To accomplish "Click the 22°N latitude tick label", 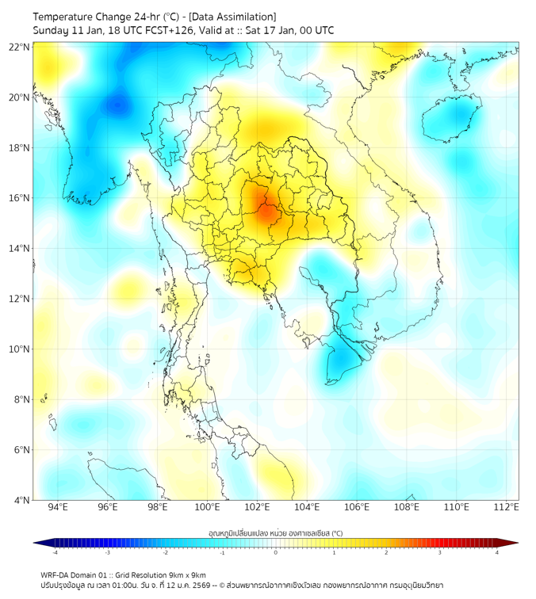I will click(20, 47).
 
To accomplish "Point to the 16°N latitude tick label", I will click(20, 197).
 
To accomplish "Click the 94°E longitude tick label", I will click(58, 507).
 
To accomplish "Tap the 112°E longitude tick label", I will click(507, 507).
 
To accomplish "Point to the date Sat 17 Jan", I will click(282, 31).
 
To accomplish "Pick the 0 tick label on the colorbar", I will click(276, 552).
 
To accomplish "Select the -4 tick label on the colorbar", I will click(55, 552).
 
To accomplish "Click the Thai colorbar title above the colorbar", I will click(275, 532).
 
